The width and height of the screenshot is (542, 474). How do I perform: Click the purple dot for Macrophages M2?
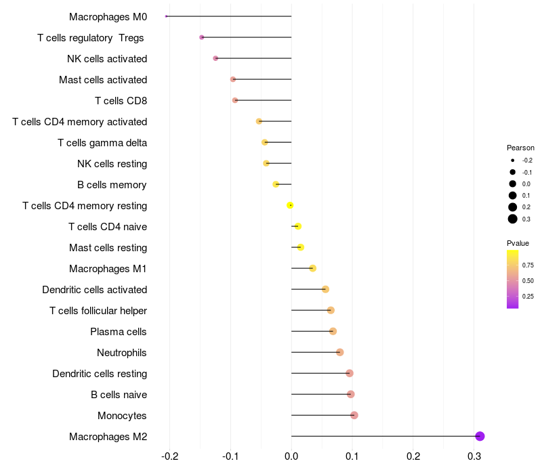(x=480, y=436)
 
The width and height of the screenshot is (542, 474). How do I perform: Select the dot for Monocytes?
(x=354, y=415)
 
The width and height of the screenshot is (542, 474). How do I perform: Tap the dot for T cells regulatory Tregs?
(x=202, y=37)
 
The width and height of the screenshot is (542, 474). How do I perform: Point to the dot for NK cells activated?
(x=215, y=58)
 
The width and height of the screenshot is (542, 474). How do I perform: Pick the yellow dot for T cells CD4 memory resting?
(x=290, y=205)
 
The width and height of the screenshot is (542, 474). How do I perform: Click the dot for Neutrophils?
(x=339, y=352)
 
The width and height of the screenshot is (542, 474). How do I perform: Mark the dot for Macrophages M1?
(x=312, y=268)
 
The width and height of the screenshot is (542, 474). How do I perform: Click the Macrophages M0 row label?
(x=108, y=16)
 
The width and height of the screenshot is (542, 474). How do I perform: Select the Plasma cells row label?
(x=119, y=332)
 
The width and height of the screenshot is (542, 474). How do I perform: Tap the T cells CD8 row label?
(x=121, y=101)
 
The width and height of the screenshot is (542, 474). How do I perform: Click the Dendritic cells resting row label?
(x=100, y=374)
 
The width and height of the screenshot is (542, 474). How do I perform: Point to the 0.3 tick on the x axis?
(x=474, y=456)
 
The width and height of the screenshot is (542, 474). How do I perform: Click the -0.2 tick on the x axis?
(x=169, y=456)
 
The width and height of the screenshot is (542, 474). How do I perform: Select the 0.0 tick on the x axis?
(x=291, y=456)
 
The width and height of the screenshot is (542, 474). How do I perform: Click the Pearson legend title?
(x=520, y=148)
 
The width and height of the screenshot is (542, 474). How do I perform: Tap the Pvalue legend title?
(x=518, y=243)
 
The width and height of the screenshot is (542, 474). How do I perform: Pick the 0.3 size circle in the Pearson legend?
(x=513, y=219)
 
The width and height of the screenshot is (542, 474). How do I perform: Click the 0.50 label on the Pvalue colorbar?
(x=528, y=280)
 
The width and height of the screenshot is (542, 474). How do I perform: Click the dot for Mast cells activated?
(x=233, y=79)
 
